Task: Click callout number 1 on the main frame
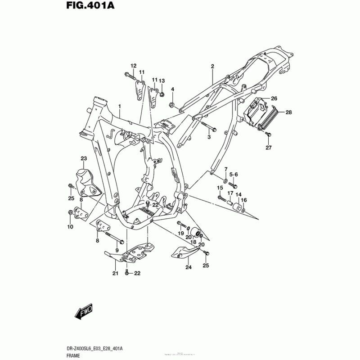click(x=120, y=106)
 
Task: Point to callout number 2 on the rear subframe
click(x=212, y=66)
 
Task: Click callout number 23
click(x=83, y=158)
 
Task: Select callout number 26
click(x=274, y=98)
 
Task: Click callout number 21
click(x=115, y=273)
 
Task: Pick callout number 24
click(x=188, y=267)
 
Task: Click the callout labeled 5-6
click(x=234, y=174)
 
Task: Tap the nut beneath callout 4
click(x=172, y=105)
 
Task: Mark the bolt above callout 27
click(x=269, y=134)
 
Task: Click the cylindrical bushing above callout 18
click(x=195, y=232)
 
